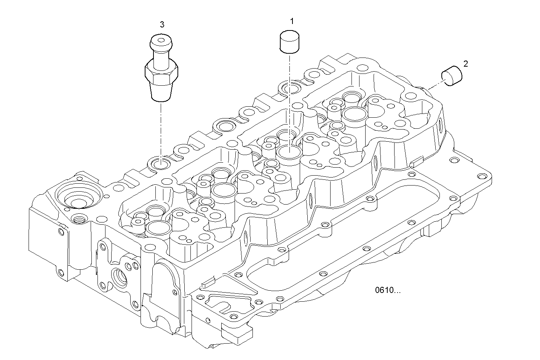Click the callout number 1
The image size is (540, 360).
(292, 21)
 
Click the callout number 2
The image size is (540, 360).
(466, 64)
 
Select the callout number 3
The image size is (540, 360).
(162, 25)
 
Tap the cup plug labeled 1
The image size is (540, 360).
(290, 42)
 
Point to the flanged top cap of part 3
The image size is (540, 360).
(160, 42)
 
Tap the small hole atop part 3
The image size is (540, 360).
(160, 39)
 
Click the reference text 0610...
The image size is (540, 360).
(388, 291)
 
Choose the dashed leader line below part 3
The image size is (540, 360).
(160, 130)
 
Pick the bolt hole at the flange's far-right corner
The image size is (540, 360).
(484, 176)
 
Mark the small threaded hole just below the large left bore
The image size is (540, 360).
(79, 219)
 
